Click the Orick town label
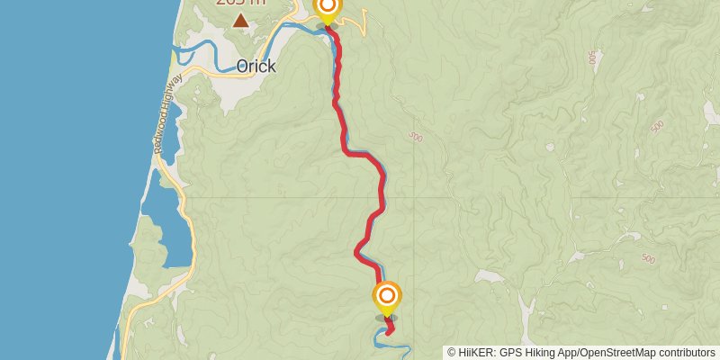(x=256, y=67)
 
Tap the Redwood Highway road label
(x=167, y=113)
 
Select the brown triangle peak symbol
(x=240, y=20)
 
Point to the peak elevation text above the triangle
(x=240, y=3)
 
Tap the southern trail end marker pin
(x=387, y=296)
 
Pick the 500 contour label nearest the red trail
(x=415, y=137)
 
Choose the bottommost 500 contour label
(x=648, y=258)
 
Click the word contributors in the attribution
(x=685, y=353)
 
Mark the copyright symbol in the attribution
(x=452, y=353)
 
